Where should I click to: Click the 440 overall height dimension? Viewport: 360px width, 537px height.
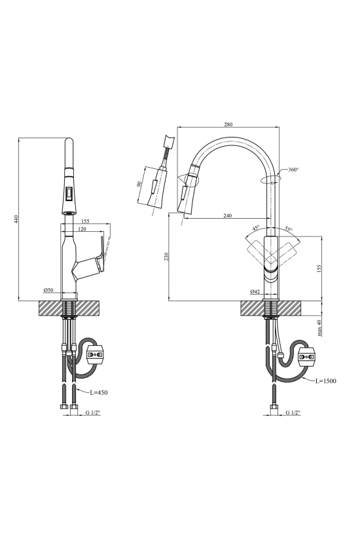click(15, 219)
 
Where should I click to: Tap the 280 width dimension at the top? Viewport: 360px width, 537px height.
click(228, 124)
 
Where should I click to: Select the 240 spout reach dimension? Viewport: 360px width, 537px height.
click(228, 215)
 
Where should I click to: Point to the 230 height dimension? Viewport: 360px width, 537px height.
click(166, 257)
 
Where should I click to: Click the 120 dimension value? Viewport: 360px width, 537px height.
click(82, 229)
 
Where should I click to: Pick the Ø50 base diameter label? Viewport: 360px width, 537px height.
click(48, 290)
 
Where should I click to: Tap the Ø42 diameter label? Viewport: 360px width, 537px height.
click(255, 291)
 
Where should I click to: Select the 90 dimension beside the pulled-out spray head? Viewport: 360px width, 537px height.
click(139, 183)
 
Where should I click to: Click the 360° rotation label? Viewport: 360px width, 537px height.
click(294, 170)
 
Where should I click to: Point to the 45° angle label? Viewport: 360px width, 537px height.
click(256, 228)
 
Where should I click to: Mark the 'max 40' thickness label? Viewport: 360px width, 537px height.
click(319, 327)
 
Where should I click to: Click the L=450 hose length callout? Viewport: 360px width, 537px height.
click(99, 392)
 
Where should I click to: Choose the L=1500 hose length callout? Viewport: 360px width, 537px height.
click(325, 381)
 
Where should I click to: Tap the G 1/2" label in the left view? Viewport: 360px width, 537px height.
click(92, 413)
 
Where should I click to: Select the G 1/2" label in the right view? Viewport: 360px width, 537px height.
click(293, 413)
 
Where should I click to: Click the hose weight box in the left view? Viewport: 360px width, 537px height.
click(95, 355)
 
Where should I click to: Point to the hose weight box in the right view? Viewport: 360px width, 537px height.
click(306, 357)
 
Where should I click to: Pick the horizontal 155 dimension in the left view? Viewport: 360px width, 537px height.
click(86, 221)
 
